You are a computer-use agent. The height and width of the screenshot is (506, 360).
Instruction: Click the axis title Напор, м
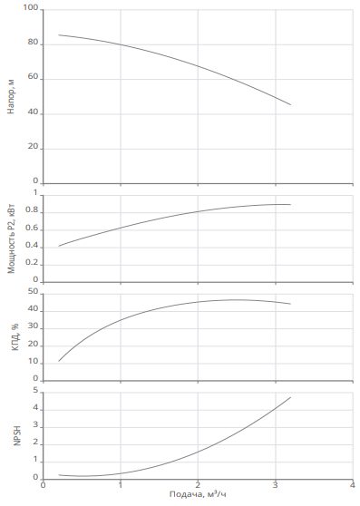coord(11,96)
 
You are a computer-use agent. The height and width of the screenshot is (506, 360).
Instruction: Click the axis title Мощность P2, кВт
coord(11,238)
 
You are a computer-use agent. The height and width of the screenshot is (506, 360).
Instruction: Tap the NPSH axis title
coord(17,435)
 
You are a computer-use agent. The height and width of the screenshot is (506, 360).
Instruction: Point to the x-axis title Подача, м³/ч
coord(198,494)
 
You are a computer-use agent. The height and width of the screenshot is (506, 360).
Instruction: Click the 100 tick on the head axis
coord(31,7)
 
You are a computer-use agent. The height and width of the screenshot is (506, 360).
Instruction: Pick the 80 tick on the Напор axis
coord(33,42)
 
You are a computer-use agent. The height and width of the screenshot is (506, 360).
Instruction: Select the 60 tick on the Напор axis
coord(33,77)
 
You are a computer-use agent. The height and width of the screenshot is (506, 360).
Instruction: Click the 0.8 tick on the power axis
coord(32,210)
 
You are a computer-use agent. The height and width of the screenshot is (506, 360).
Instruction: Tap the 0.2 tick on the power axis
coord(32,263)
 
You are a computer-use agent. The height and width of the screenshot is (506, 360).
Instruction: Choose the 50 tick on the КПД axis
coord(34,292)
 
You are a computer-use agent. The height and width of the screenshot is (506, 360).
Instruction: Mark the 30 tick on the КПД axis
coord(34,326)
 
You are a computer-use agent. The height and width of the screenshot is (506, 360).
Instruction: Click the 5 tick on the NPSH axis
coord(35,391)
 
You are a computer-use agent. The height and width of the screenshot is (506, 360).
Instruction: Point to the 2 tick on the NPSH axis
coord(35,443)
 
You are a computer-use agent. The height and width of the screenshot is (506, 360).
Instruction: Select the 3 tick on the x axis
coord(275,485)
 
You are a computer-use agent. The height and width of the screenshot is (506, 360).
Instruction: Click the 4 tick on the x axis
coord(353,485)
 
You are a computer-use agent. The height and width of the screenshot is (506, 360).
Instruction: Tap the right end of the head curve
coord(291,104)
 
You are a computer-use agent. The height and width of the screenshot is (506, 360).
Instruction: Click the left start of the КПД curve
coord(58,362)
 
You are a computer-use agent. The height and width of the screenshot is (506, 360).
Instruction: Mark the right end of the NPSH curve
coord(291,397)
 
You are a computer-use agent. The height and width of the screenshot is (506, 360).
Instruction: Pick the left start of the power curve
coord(58,247)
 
